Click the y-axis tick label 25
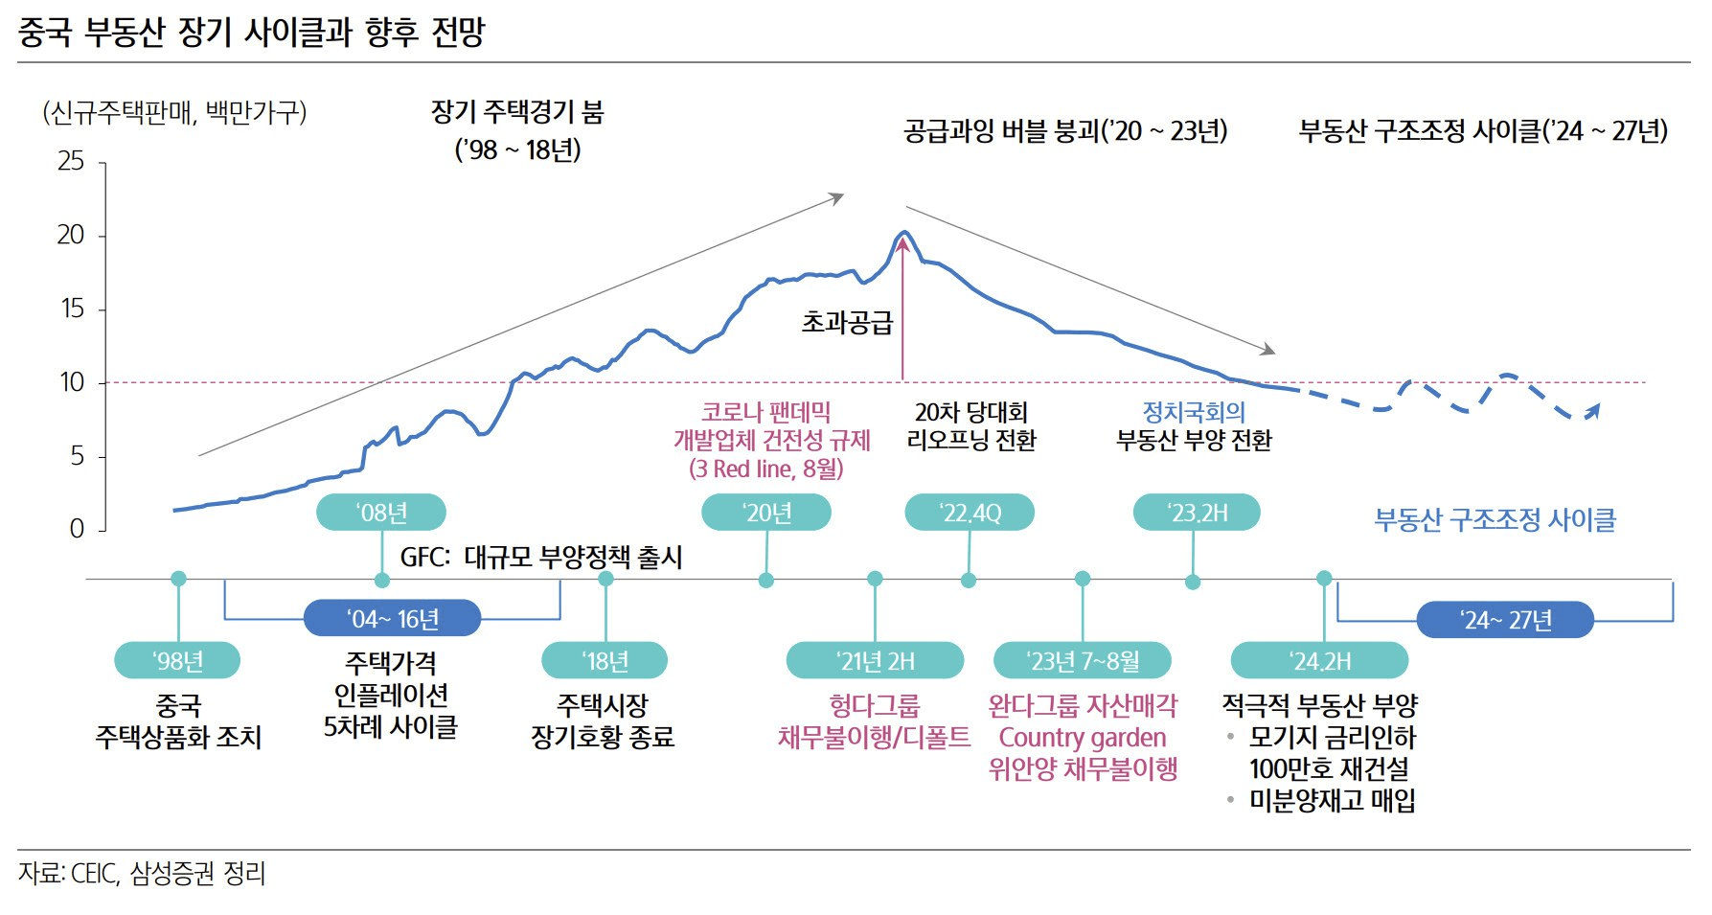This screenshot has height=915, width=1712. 71,161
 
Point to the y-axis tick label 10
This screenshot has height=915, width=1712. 72,382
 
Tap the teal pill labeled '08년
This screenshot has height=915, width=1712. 381,513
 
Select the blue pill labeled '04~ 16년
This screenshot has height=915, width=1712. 392,619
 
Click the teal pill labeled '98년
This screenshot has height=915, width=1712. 177,661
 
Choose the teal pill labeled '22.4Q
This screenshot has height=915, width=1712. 970,513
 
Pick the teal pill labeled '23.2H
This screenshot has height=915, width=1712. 1197,513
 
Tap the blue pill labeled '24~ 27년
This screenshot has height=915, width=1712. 1505,620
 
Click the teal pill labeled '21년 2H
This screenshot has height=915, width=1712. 875,661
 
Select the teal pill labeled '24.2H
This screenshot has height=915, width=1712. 1319,661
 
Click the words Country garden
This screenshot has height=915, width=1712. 1083,738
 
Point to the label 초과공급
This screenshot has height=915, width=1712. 847,322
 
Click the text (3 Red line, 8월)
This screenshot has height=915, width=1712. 766,469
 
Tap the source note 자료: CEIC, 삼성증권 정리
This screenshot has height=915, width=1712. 142,874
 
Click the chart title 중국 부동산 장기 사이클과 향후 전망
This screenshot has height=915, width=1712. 251,33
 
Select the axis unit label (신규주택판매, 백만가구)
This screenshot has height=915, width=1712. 174,113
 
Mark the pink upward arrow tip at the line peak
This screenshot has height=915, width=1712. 902,240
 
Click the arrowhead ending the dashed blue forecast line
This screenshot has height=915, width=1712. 1594,409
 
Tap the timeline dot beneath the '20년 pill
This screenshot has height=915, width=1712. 766,580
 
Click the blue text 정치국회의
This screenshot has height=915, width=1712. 1194,412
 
